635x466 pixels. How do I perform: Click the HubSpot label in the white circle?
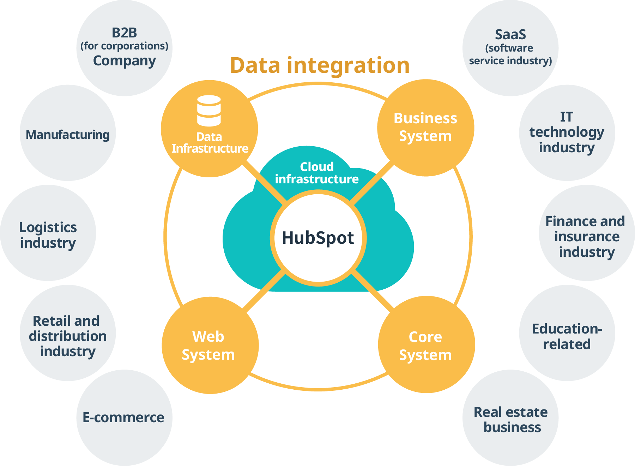pyautogui.click(x=318, y=238)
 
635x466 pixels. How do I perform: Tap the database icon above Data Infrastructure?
pyautogui.click(x=209, y=111)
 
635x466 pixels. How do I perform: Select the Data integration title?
pyautogui.click(x=320, y=65)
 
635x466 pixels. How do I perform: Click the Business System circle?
pyautogui.click(x=425, y=128)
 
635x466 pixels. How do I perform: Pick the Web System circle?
pyautogui.click(x=210, y=345)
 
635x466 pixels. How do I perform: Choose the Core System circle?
pyautogui.click(x=426, y=345)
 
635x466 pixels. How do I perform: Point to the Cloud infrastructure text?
pyautogui.click(x=317, y=173)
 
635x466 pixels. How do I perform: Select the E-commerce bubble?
pyautogui.click(x=124, y=417)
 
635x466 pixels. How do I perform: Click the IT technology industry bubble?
pyautogui.click(x=567, y=132)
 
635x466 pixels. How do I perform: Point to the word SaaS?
pyautogui.click(x=510, y=35)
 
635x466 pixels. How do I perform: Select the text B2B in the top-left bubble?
pyautogui.click(x=124, y=33)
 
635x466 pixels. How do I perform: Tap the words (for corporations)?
pyautogui.click(x=124, y=46)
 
